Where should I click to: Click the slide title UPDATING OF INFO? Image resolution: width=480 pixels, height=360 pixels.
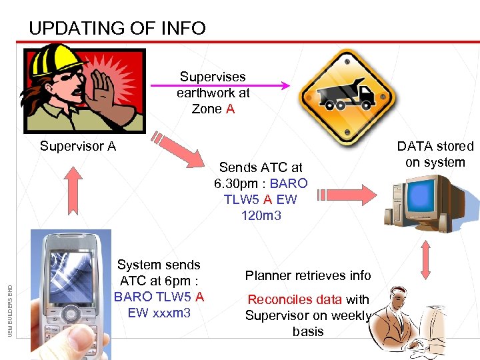(x=117, y=29)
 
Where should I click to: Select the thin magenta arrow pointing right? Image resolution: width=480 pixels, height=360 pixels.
(x=220, y=85)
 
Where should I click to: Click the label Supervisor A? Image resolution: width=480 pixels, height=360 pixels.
(x=78, y=145)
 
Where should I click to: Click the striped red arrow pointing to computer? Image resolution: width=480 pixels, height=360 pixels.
(x=347, y=195)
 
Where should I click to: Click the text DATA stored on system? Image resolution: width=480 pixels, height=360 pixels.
(x=435, y=154)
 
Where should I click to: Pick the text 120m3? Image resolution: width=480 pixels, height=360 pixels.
(x=261, y=215)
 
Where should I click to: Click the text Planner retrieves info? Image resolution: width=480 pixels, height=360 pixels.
(x=308, y=275)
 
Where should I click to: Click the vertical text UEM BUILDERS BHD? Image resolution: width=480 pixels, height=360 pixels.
(x=10, y=309)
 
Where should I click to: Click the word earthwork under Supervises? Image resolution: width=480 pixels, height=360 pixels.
(x=213, y=93)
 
